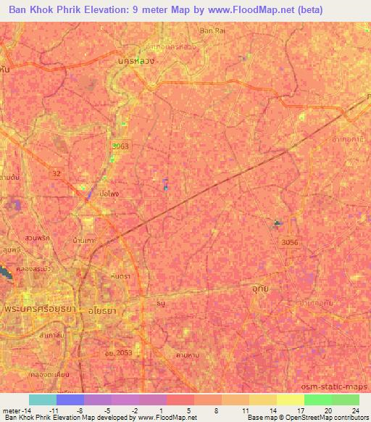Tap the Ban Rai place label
pos(212,30)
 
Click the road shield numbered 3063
pos(120,146)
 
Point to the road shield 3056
pos(290,242)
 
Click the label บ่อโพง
pos(109,194)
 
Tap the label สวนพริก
pos(37,237)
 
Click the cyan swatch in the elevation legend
pos(42,400)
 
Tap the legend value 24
pos(354,410)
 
